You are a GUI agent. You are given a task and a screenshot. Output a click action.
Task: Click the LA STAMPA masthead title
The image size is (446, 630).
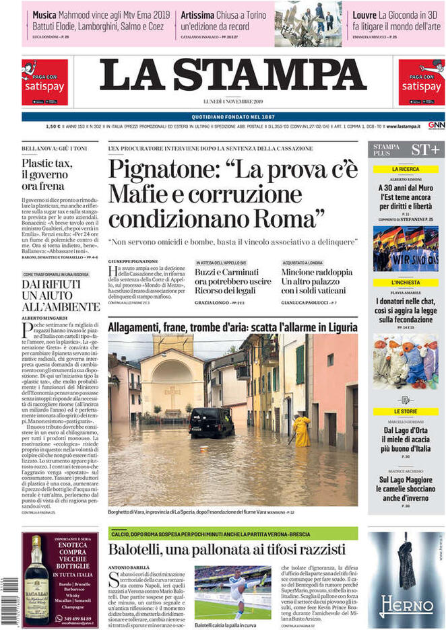(x=232, y=76)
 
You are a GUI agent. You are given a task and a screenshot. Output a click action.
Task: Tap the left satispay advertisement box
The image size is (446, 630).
(x=44, y=83)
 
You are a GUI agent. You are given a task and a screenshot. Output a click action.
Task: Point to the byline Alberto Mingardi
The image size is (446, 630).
(x=46, y=317)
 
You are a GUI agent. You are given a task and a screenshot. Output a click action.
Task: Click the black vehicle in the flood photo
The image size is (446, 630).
(x=212, y=422)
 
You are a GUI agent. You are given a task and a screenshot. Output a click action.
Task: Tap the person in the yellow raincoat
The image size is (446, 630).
(x=302, y=431)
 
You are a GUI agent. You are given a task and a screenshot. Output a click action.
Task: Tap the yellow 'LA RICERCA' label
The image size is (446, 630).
(x=405, y=169)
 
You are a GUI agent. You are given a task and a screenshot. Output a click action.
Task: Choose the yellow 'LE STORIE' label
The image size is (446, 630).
(x=405, y=411)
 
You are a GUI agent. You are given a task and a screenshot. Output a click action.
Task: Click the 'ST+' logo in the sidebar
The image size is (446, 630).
(x=425, y=149)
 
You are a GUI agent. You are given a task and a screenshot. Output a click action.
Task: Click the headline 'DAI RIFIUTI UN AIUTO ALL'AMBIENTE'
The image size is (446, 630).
(x=51, y=295)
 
